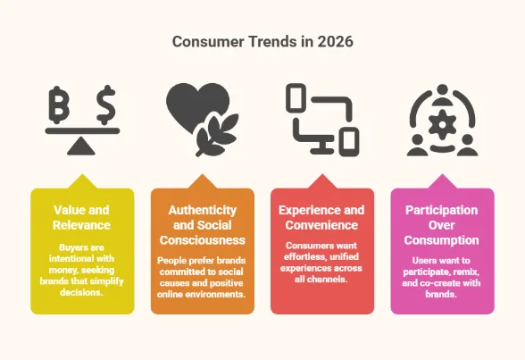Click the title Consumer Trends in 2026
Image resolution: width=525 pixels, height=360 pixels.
click(x=262, y=41)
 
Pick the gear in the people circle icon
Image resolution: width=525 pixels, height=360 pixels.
click(x=442, y=119)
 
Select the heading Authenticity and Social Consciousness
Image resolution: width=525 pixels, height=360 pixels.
click(x=202, y=225)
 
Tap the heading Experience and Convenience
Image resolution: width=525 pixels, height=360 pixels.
click(x=321, y=217)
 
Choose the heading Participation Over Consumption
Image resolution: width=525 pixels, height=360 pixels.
click(x=442, y=224)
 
